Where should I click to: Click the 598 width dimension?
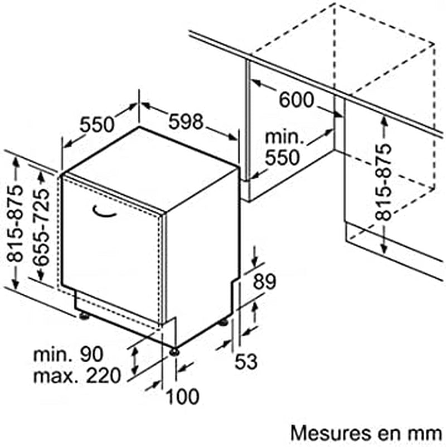point(186,122)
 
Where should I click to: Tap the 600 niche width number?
point(296,100)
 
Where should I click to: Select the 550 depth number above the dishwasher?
point(97,125)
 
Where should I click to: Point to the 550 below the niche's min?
point(283,158)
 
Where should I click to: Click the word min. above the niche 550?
point(284,137)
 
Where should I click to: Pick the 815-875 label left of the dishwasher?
point(15,224)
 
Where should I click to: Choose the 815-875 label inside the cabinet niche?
point(383,182)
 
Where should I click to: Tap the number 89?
point(265,281)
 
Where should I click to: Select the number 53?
point(246,362)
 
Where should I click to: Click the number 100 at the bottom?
point(183,396)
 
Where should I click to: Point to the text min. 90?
point(69,354)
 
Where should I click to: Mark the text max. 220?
point(77,376)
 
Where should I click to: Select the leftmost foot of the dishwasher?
point(84,316)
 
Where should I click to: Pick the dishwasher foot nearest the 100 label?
point(174,352)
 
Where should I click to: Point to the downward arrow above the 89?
point(255,256)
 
